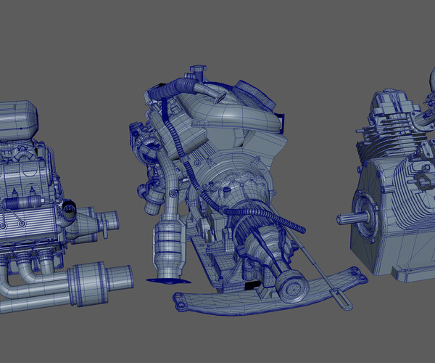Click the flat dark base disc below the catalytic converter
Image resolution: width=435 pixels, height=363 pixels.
pyautogui.click(x=165, y=279)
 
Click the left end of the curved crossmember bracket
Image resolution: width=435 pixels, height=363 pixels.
pyautogui.click(x=181, y=298)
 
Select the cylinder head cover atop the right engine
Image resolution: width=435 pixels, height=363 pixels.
pyautogui.click(x=391, y=109)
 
